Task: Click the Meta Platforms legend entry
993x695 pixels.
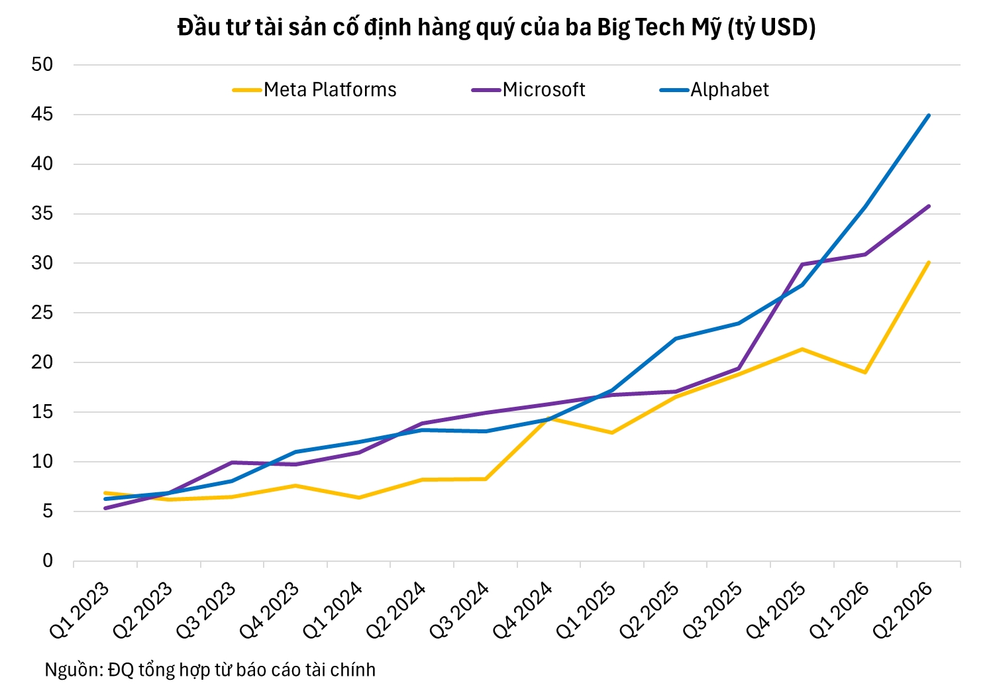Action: [314, 90]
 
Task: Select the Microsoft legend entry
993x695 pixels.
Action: [528, 90]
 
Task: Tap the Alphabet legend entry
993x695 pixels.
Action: [714, 90]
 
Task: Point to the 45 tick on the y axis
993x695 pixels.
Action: [42, 115]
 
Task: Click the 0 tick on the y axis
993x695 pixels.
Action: [48, 561]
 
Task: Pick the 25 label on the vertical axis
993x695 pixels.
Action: [42, 313]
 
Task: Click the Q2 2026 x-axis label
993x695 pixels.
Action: [903, 610]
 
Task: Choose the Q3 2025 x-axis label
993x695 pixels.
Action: [713, 610]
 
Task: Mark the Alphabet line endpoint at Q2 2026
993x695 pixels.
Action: [928, 115]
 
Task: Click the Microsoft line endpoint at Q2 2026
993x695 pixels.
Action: [928, 206]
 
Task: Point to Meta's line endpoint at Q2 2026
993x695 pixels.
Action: [928, 262]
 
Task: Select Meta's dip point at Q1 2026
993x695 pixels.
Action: [865, 372]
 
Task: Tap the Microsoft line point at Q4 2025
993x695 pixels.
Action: [802, 264]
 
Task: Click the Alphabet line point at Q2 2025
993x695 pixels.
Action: [675, 339]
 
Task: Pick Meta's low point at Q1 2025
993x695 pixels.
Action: [611, 433]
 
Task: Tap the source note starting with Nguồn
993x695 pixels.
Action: [210, 670]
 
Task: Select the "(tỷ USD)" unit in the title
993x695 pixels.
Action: [771, 27]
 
